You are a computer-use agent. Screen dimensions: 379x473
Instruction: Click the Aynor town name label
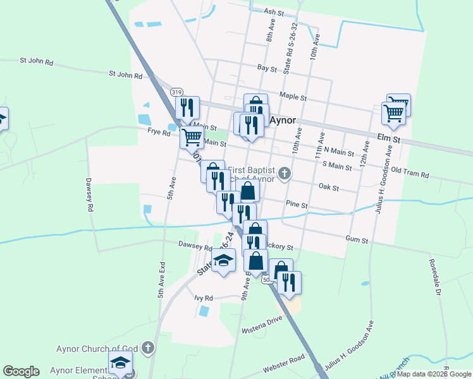(283, 120)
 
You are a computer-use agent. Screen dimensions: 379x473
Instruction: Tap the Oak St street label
(329, 188)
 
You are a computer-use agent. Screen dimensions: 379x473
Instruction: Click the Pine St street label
(296, 205)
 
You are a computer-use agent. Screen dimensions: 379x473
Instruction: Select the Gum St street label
(357, 239)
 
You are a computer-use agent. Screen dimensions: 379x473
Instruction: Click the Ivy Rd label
(204, 298)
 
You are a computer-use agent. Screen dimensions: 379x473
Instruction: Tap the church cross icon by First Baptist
(285, 172)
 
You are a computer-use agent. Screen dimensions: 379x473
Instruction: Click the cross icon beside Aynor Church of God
(148, 347)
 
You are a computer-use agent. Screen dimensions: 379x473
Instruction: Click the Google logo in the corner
(21, 371)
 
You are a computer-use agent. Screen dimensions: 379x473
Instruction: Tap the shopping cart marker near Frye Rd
(192, 136)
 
